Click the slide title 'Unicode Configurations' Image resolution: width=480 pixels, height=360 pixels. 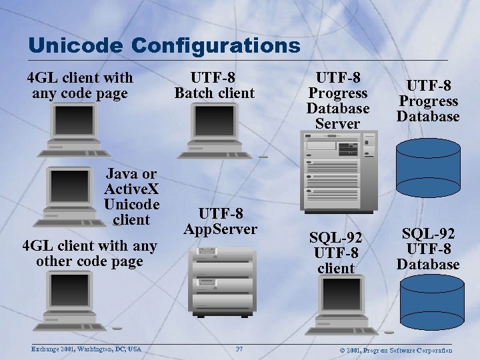click(x=165, y=45)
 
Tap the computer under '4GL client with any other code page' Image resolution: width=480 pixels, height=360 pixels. click(x=74, y=300)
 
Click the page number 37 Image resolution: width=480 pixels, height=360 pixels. click(x=239, y=349)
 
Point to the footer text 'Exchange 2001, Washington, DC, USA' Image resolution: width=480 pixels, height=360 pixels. click(x=86, y=349)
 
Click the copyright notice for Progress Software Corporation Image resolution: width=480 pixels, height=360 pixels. click(x=396, y=350)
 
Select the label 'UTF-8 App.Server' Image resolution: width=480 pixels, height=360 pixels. click(x=220, y=221)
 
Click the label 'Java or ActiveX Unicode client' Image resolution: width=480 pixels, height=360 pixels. click(x=131, y=197)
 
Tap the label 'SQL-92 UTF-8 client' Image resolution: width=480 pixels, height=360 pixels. click(x=336, y=253)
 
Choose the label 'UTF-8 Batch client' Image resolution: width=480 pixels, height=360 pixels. click(x=214, y=85)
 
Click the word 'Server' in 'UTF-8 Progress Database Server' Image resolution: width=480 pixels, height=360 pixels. click(x=337, y=123)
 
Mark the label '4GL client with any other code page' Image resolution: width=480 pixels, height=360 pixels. click(x=89, y=253)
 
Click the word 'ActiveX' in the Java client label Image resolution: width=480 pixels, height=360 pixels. click(x=131, y=189)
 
